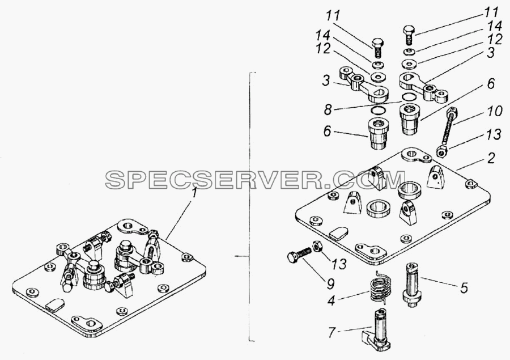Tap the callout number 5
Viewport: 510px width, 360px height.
(464, 287)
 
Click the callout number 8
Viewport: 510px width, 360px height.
(328, 109)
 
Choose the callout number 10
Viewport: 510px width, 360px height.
(495, 111)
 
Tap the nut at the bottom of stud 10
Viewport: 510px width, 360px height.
(442, 150)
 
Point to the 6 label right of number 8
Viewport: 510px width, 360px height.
(491, 84)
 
